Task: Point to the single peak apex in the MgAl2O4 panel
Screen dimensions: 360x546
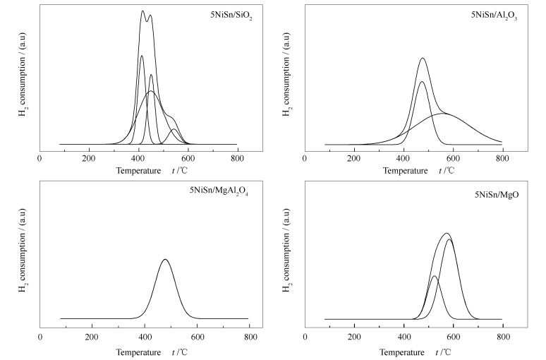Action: point(165,259)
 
